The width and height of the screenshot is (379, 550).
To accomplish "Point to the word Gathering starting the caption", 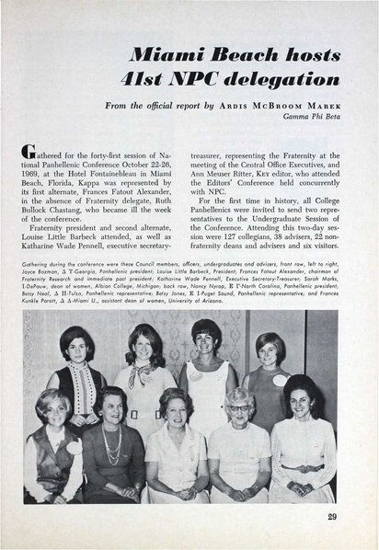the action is [44, 290].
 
